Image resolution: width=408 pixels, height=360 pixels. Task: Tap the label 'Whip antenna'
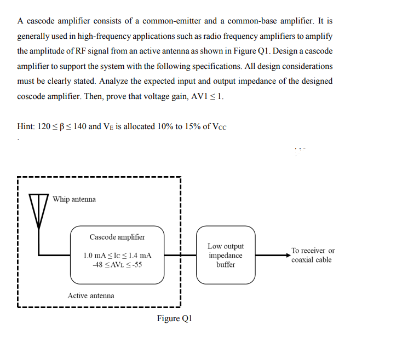pyautogui.click(x=74, y=199)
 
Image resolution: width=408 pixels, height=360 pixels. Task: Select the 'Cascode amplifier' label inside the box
pyautogui.click(x=117, y=237)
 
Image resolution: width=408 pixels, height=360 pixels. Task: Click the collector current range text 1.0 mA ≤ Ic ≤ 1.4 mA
pyautogui.click(x=117, y=256)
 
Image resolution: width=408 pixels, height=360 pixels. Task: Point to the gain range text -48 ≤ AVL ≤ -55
pyautogui.click(x=117, y=265)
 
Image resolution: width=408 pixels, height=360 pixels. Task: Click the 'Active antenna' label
pyautogui.click(x=91, y=295)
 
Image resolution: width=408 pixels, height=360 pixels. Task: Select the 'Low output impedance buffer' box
pyautogui.click(x=225, y=255)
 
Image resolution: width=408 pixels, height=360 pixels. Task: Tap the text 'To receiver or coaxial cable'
pyautogui.click(x=312, y=255)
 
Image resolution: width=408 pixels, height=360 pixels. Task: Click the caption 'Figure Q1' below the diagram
pyautogui.click(x=174, y=318)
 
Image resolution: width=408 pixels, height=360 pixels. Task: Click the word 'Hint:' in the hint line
pyautogui.click(x=26, y=126)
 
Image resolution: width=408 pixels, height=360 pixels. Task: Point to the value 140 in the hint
pyautogui.click(x=79, y=126)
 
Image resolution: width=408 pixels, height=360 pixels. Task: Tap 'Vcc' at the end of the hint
pyautogui.click(x=217, y=126)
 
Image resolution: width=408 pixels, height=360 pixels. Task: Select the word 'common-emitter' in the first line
pyautogui.click(x=172, y=21)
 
